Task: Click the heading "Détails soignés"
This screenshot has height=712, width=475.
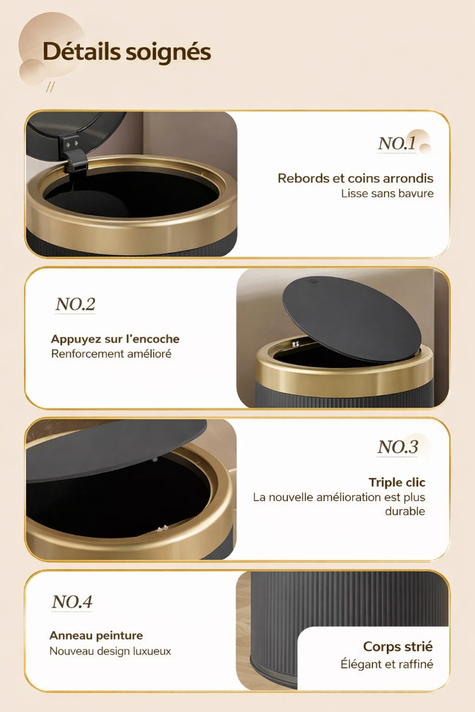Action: tap(126, 52)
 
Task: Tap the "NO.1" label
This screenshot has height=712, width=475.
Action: tap(397, 144)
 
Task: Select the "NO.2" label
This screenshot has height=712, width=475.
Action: tap(75, 304)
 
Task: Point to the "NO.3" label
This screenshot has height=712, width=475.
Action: tap(398, 447)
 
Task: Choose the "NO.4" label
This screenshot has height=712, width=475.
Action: tap(72, 601)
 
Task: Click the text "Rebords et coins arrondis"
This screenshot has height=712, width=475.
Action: tap(355, 178)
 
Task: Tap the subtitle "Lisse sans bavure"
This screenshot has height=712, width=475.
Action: tap(387, 193)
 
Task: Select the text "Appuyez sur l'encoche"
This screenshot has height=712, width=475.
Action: tap(115, 339)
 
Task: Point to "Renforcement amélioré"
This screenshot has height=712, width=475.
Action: tap(111, 354)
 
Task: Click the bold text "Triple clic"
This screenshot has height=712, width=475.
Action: tap(397, 482)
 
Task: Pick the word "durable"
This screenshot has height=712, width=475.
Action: tap(405, 511)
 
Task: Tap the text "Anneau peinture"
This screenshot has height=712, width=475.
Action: tap(96, 635)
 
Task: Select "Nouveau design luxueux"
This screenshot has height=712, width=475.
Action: tap(110, 651)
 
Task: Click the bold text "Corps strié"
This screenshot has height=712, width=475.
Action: tap(398, 647)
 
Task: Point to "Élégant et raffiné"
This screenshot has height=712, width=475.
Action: tap(387, 665)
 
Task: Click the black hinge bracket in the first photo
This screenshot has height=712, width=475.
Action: tap(75, 157)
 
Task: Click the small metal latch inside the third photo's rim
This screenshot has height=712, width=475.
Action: tap(161, 529)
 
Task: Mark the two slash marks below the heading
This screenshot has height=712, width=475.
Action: tap(50, 87)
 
